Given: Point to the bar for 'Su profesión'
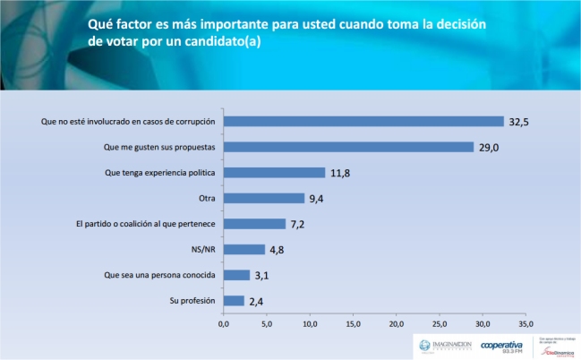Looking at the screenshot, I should [x=234, y=301].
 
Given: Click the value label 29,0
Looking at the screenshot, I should [x=489, y=147].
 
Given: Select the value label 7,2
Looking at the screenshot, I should [x=299, y=224].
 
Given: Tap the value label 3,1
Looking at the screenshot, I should [x=263, y=275].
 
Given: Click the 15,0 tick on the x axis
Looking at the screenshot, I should [x=354, y=323].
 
